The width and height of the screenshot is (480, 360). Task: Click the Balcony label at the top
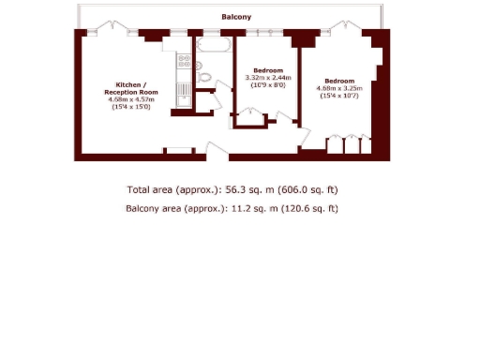coord(236,17)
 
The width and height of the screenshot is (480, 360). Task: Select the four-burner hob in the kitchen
coord(185,64)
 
